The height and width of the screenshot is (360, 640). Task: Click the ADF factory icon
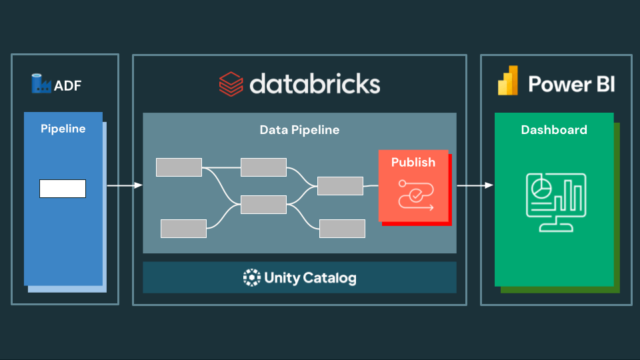[x=41, y=84]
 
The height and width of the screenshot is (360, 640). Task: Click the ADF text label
[x=68, y=85]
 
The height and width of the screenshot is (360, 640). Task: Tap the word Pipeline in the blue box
[x=63, y=129]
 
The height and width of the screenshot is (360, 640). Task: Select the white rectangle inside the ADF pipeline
[x=63, y=189]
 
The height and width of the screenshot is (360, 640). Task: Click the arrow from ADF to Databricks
[x=125, y=185]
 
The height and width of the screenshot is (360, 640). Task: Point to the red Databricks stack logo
[x=231, y=85]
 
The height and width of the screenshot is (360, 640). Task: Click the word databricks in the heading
[x=315, y=84]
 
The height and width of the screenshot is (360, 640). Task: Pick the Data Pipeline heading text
[x=299, y=130]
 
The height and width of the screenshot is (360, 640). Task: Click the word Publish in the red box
[x=413, y=162]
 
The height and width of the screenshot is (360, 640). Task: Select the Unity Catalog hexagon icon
[x=251, y=277]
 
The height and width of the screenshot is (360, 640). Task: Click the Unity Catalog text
[x=310, y=278]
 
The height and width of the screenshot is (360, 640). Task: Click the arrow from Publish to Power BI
[x=475, y=185]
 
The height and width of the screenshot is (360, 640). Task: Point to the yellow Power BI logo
[x=508, y=81]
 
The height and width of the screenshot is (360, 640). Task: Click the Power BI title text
[x=571, y=84]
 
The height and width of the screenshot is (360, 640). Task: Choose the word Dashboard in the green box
[x=554, y=130]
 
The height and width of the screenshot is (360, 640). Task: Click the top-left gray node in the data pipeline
[x=179, y=167]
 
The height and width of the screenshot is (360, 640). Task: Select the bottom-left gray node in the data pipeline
[x=183, y=229]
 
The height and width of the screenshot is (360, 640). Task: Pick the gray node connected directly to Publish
[x=340, y=186]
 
